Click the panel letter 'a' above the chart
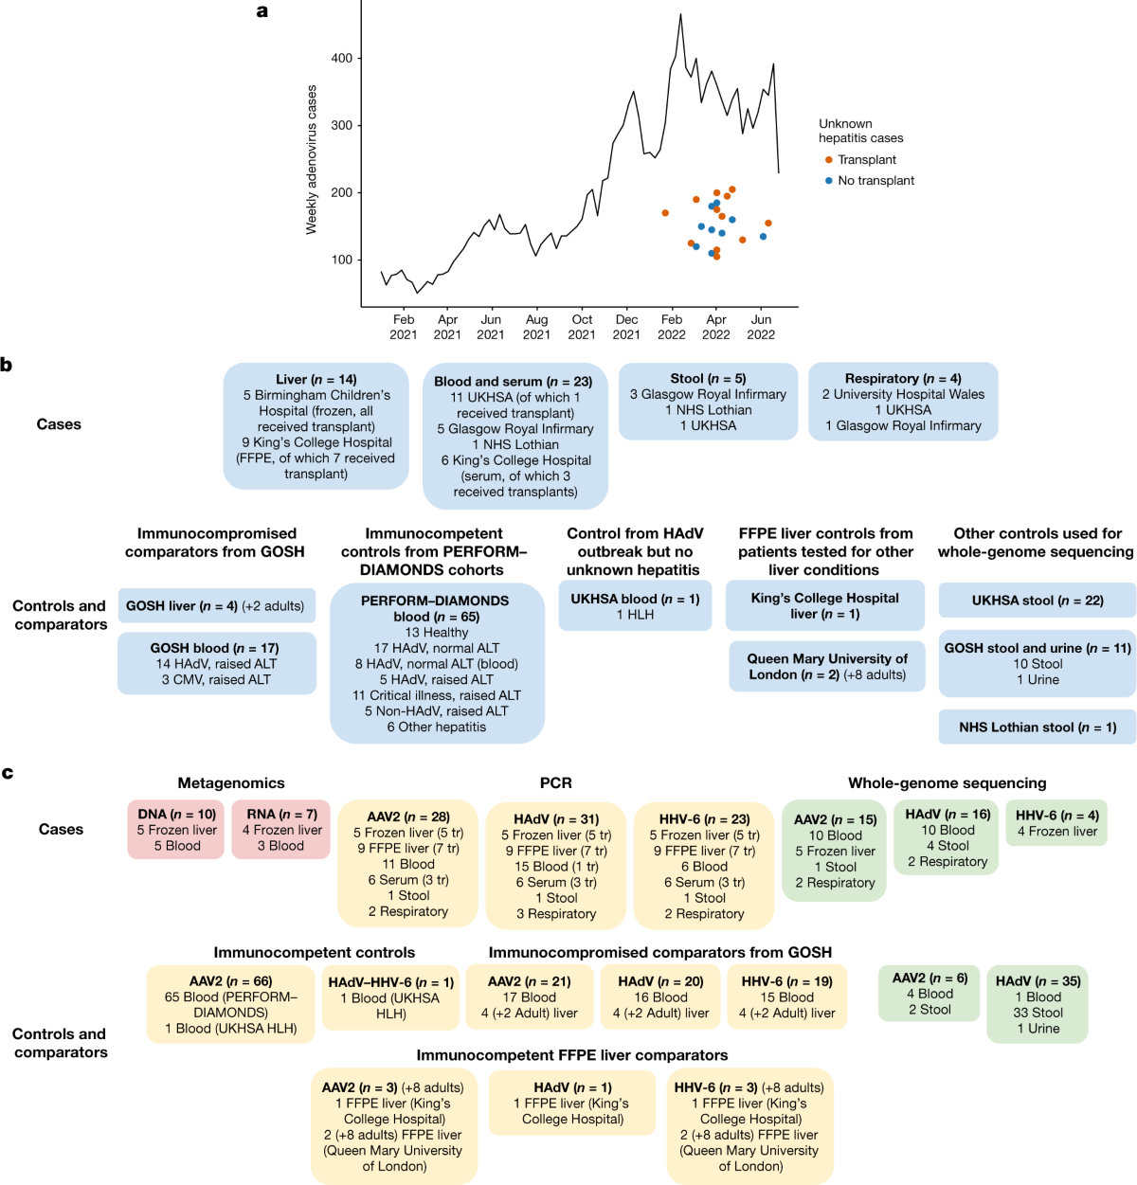(262, 12)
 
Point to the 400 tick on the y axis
(341, 59)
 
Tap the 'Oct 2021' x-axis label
(582, 327)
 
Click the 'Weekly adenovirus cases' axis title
(312, 160)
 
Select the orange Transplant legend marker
(829, 160)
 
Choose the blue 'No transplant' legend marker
(829, 181)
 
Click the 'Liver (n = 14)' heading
(316, 380)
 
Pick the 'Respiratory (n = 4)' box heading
(903, 378)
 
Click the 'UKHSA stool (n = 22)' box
(1038, 601)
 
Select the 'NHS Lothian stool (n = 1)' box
(1038, 727)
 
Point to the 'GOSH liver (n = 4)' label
(182, 606)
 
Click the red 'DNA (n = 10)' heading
(177, 815)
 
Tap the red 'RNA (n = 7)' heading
(281, 815)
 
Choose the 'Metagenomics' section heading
(231, 783)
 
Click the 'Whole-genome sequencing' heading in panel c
(947, 783)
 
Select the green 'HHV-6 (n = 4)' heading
(1056, 816)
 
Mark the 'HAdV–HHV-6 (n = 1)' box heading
(391, 982)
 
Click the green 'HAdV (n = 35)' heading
(1038, 981)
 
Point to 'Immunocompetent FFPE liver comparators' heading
(572, 1055)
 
